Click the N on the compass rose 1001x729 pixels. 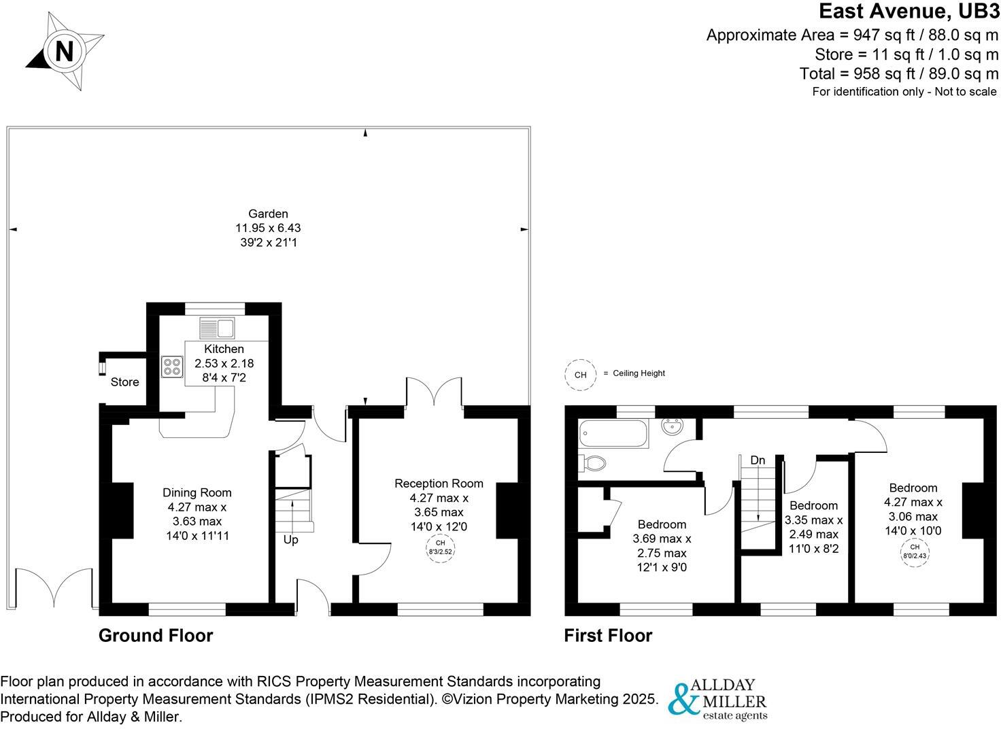pyautogui.click(x=64, y=52)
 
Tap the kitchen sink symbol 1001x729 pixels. pyautogui.click(x=216, y=328)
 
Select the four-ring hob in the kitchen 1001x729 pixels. pyautogui.click(x=171, y=367)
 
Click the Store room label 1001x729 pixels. pyautogui.click(x=124, y=382)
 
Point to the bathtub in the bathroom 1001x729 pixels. pyautogui.click(x=613, y=433)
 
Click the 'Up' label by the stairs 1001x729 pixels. pyautogui.click(x=290, y=540)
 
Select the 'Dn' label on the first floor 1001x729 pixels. pyautogui.click(x=758, y=460)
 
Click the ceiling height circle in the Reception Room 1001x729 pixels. pyautogui.click(x=440, y=547)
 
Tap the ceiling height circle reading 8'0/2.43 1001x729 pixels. pyautogui.click(x=915, y=551)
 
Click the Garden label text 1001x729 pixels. pyautogui.click(x=268, y=214)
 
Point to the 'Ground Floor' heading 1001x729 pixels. pyautogui.click(x=156, y=636)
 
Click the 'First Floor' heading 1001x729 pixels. pyautogui.click(x=608, y=636)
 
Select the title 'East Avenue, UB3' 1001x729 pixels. pyautogui.click(x=909, y=12)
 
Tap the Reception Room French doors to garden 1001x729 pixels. pyautogui.click(x=435, y=392)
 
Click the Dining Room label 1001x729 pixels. pyautogui.click(x=197, y=492)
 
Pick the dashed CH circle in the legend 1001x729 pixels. pyautogui.click(x=580, y=374)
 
